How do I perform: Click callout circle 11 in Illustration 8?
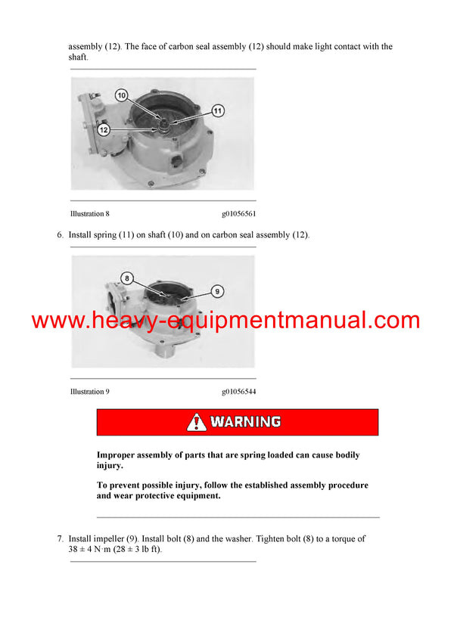click(218, 111)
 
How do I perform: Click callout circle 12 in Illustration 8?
click(104, 130)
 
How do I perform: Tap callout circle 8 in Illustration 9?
click(127, 278)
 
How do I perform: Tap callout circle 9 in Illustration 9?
click(216, 290)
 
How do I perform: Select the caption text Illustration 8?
click(90, 214)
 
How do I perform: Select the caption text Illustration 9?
click(90, 392)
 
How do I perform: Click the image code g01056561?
click(239, 214)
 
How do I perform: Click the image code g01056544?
click(239, 392)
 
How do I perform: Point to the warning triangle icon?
click(197, 422)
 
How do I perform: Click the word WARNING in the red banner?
click(246, 422)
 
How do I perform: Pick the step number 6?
click(60, 235)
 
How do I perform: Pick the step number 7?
click(60, 539)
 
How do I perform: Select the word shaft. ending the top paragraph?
click(79, 57)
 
